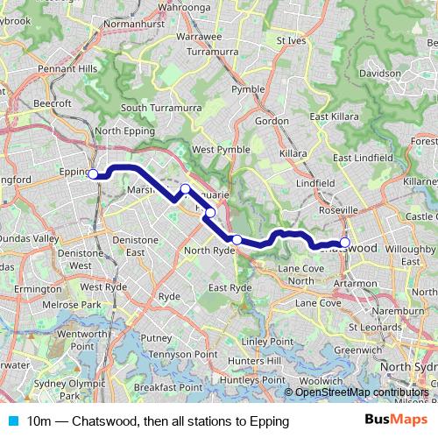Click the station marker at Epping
pyautogui.click(x=94, y=173)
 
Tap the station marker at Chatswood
pyautogui.click(x=345, y=243)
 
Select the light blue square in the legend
pyautogui.click(x=11, y=422)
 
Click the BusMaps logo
pyautogui.click(x=396, y=421)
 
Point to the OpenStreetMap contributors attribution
pyautogui.click(x=362, y=392)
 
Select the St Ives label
pyautogui.click(x=292, y=40)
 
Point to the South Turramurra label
pyautogui.click(x=156, y=108)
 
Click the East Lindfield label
pyautogui.click(x=365, y=157)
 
